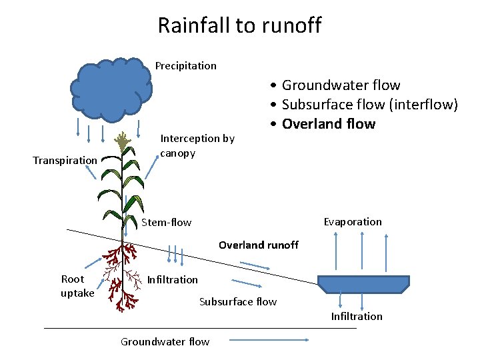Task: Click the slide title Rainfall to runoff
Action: point(239,25)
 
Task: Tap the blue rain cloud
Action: point(112,87)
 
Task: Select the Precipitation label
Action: point(185,65)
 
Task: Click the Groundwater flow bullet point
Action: point(340,85)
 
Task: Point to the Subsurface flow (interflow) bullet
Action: point(369,105)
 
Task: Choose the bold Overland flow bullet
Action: point(328,124)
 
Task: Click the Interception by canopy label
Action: point(197,145)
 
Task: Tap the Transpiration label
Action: point(65,160)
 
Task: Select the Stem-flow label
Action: point(166,222)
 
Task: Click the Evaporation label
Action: point(353,221)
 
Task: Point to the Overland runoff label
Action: point(259,245)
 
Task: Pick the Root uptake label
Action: point(77,286)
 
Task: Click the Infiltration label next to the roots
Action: point(172,279)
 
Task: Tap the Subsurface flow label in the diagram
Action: point(237,301)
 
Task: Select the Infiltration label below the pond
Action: point(357,316)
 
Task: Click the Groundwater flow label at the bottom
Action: point(165,341)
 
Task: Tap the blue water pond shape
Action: point(363,284)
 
